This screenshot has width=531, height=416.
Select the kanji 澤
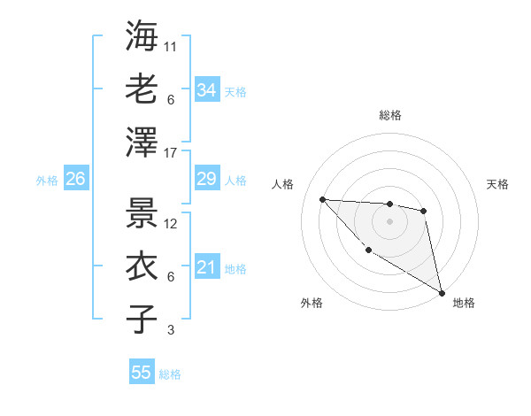pos(142,142)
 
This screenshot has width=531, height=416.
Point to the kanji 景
pos(142,212)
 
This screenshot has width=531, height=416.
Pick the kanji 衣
pos(142,265)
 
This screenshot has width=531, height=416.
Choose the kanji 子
pos(142,319)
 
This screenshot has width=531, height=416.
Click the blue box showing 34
pos(206,89)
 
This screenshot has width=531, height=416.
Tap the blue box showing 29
pos(206,180)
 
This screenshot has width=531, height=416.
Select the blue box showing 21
pos(206,267)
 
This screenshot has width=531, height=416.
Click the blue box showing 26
pos(75,180)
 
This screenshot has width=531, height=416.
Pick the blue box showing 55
pos(142,373)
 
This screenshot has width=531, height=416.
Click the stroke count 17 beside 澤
pos(172,153)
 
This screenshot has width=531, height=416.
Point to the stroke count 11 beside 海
pos(172,46)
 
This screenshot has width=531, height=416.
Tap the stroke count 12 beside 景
pos(172,223)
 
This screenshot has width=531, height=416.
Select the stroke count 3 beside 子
pos(170,330)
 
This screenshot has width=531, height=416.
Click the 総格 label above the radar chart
pos(389,115)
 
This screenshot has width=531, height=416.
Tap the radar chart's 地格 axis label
pos(464,303)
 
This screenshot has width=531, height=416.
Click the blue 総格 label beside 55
pos(170,374)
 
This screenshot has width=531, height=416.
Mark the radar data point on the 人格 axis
pos(323,199)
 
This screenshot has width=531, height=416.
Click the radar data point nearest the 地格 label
pos(443,291)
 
